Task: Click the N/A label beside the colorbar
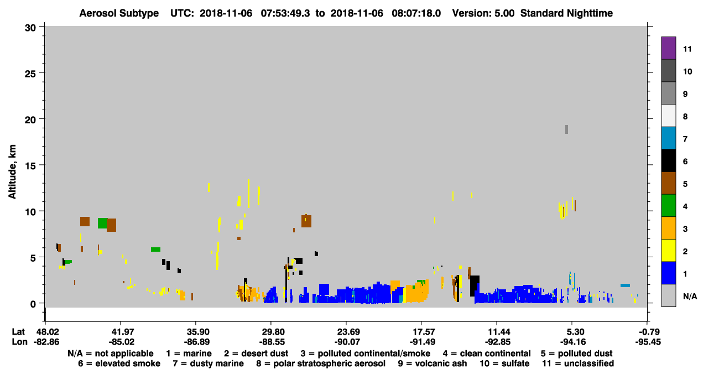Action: [690, 296]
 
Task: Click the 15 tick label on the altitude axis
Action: [31, 166]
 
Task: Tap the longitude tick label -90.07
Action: [347, 342]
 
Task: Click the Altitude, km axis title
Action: [12, 171]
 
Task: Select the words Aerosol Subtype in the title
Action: [119, 13]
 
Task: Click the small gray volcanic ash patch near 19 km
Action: [566, 129]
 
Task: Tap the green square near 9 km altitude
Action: [102, 223]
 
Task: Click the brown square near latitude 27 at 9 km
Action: [306, 221]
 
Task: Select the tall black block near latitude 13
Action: [475, 286]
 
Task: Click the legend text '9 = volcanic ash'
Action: [433, 363]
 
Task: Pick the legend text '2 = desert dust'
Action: [256, 354]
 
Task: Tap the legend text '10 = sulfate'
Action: [504, 363]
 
